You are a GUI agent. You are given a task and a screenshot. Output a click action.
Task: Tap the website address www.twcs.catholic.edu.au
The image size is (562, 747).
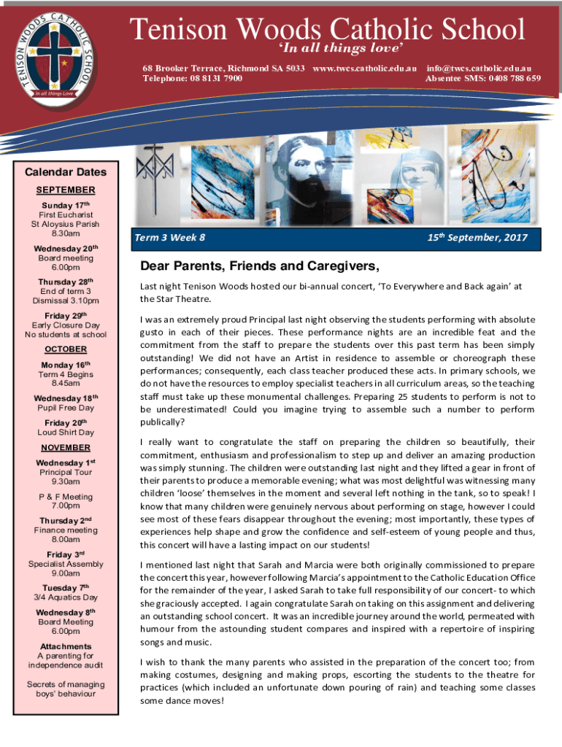(364, 67)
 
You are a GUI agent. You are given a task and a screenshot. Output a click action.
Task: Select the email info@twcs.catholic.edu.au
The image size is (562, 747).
(483, 67)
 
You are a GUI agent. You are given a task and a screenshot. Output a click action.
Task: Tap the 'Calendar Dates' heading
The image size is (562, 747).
(66, 173)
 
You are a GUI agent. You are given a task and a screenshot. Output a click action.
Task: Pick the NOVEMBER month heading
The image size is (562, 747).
(66, 447)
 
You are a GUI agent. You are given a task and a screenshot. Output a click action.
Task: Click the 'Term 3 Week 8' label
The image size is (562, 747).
(170, 238)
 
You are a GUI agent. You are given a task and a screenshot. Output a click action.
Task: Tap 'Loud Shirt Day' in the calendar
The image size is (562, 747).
(66, 433)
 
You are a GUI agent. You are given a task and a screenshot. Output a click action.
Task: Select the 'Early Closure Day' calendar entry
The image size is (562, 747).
(66, 325)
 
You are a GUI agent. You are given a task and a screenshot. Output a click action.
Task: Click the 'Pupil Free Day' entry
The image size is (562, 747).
(66, 408)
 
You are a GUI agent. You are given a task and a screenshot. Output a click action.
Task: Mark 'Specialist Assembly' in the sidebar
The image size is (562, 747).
(66, 564)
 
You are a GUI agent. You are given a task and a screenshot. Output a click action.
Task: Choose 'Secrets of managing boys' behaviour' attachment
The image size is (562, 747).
(66, 689)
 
